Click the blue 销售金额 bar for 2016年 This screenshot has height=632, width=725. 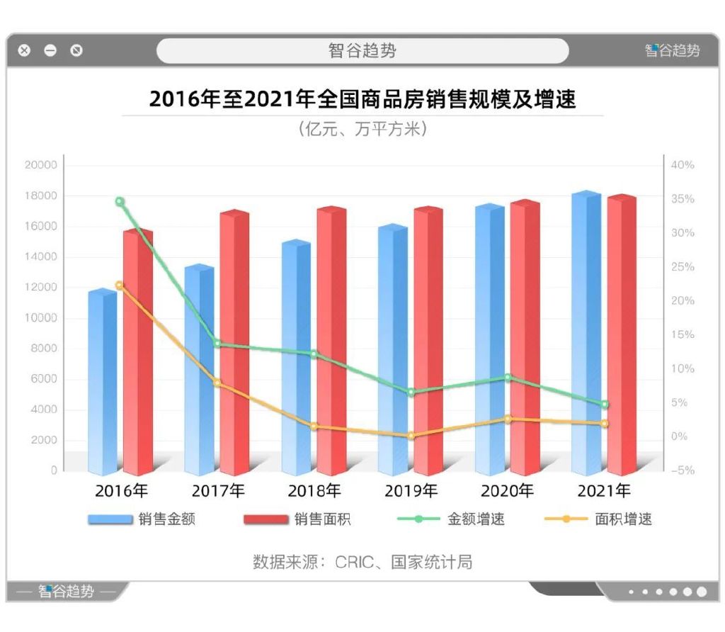coord(102,383)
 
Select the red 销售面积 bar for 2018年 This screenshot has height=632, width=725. coord(331,340)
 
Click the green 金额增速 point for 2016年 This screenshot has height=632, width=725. coord(120,202)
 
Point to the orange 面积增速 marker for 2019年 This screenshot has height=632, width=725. coord(411,436)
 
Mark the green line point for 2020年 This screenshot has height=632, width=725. coord(508,378)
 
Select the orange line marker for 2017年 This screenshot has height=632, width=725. coord(217,383)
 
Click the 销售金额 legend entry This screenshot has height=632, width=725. coord(142,519)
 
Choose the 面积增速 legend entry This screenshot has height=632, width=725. coord(598,519)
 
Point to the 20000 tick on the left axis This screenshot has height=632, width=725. coord(40,165)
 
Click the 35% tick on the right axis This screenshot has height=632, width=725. coord(683,199)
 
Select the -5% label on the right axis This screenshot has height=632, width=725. coord(683,470)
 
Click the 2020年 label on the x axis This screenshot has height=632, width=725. coord(507,490)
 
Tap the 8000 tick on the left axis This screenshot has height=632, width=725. coord(44,349)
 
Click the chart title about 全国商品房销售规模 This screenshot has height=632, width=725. coord(362,98)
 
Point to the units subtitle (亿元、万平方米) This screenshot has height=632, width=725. coord(362,129)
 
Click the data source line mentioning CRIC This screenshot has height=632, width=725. coord(362,563)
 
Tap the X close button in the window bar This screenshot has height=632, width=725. coord(25,50)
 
